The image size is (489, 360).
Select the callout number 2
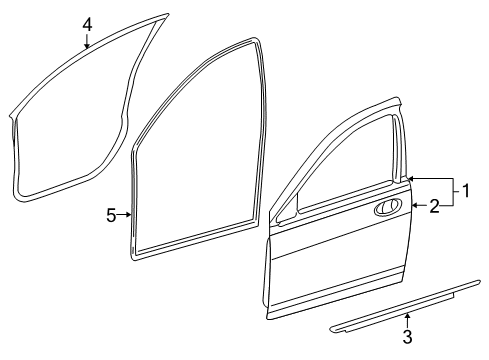435,207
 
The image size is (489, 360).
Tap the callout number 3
407,337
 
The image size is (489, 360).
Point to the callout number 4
87,24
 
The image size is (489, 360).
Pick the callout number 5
112,213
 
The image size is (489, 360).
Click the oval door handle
388,208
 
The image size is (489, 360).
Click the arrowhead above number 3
407,317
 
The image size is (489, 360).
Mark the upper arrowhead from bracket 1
411,178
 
